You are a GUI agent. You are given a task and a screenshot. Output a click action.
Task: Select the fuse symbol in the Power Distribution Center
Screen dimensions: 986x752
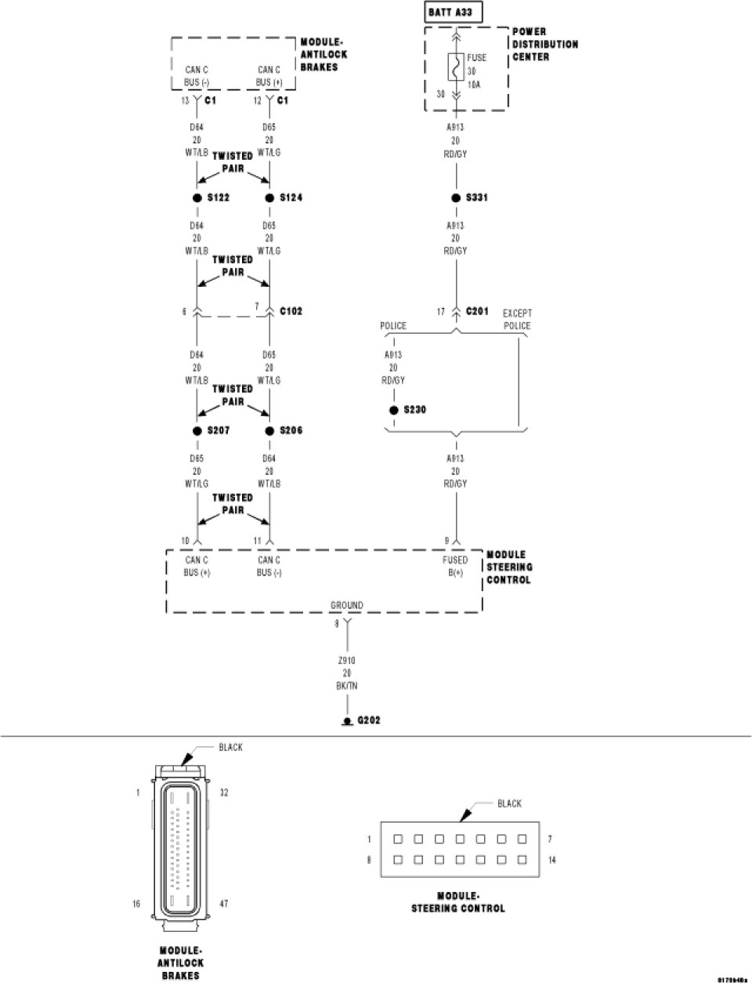click(455, 67)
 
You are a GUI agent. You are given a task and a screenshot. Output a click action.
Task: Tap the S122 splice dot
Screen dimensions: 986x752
click(197, 198)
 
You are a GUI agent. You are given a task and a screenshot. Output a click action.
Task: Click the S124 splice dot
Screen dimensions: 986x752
click(269, 198)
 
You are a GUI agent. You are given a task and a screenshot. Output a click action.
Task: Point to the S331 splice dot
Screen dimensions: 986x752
click(456, 198)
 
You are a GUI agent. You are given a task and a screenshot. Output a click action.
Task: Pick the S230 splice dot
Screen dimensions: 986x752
click(393, 410)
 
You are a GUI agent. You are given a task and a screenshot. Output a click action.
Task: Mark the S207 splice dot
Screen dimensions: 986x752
click(197, 431)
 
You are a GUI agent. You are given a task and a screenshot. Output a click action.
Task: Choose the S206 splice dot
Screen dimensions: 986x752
click(269, 431)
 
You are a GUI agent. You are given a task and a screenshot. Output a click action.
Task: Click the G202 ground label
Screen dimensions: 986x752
click(368, 720)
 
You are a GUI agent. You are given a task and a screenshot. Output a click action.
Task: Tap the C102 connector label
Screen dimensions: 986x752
click(291, 311)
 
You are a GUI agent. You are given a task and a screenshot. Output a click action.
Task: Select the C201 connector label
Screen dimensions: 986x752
click(476, 311)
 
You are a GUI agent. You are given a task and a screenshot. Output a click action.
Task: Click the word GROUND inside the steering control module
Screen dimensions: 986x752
click(346, 605)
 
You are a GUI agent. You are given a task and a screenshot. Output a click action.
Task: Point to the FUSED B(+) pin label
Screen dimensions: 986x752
click(455, 566)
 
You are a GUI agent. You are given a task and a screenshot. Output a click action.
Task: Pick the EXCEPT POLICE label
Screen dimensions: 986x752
click(517, 319)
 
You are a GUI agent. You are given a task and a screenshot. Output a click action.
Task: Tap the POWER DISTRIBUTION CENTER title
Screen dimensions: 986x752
click(545, 45)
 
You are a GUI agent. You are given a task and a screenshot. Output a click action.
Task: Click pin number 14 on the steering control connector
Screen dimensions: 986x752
click(552, 860)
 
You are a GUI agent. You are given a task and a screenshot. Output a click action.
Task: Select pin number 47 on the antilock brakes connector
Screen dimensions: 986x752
click(224, 904)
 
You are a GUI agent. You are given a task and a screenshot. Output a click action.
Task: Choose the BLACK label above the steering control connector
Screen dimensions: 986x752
click(509, 803)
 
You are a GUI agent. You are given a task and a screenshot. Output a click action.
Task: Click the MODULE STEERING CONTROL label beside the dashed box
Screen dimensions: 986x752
click(509, 567)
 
